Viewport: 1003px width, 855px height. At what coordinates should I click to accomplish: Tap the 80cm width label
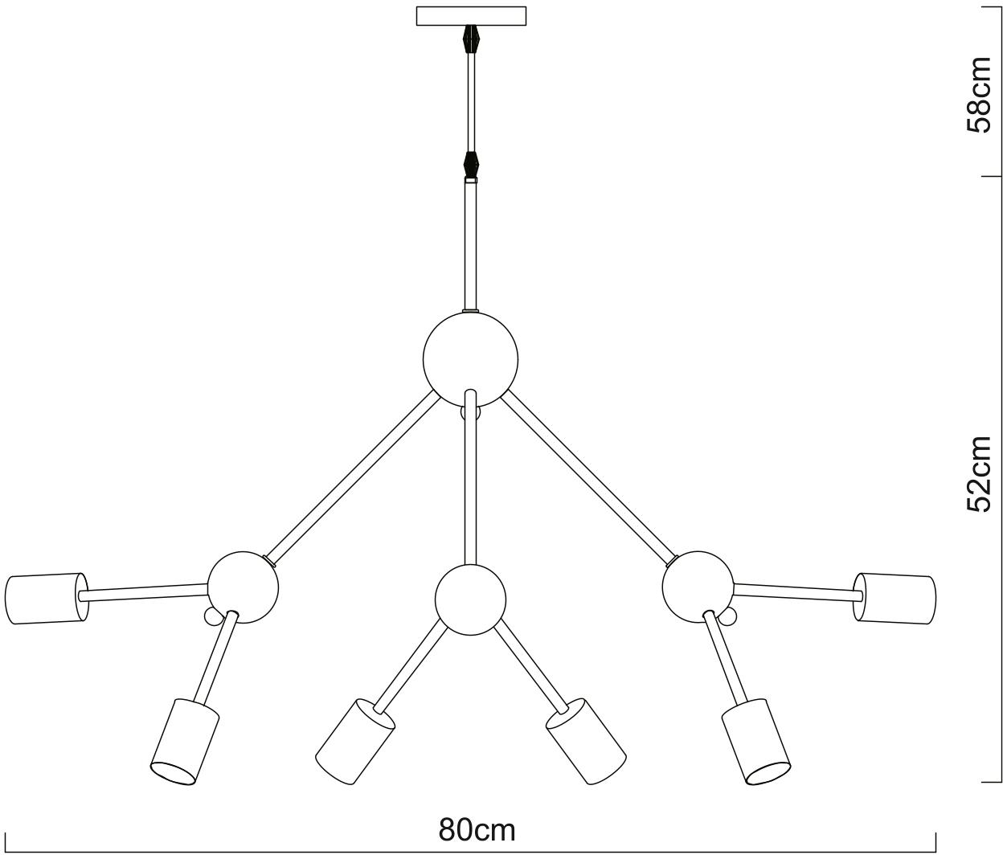tap(477, 829)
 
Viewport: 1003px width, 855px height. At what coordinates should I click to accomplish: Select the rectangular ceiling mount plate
tap(471, 16)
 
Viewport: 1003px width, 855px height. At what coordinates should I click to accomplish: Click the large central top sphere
tap(470, 358)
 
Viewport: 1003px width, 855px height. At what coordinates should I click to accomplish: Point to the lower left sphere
tap(244, 587)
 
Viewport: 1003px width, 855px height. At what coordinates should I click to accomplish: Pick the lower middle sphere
tap(470, 599)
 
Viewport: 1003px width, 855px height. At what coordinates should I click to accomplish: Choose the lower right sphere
tap(698, 587)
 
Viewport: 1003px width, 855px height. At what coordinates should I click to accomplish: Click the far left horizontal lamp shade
tap(45, 599)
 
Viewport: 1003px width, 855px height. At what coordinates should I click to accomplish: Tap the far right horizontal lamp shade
tap(895, 598)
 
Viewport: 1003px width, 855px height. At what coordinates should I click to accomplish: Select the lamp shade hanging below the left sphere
tap(185, 741)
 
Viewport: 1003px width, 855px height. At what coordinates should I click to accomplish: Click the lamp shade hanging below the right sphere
tap(755, 741)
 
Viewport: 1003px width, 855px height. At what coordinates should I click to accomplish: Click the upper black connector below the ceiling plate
tap(471, 39)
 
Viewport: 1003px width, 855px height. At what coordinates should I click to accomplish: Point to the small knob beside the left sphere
tap(213, 616)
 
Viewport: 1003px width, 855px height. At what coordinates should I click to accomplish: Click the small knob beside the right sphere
tap(728, 616)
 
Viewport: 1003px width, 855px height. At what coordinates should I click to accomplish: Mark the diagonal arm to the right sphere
tap(588, 477)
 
